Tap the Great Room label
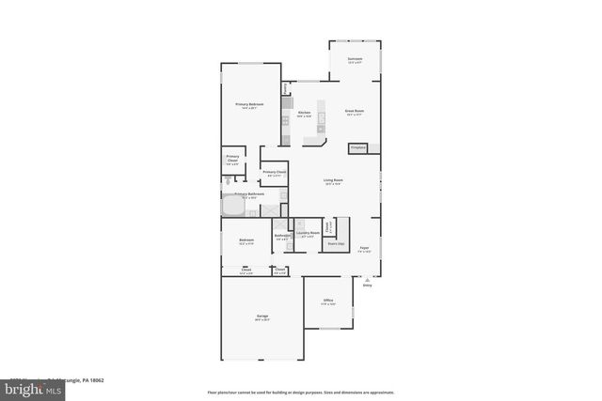355,112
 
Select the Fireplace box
357,147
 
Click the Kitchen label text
304,113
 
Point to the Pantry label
284,90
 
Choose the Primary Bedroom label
249,104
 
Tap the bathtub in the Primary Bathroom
233,207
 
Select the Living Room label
333,180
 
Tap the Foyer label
364,248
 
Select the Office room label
327,301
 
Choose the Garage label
262,316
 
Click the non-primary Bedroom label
246,240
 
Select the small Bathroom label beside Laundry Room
281,236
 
